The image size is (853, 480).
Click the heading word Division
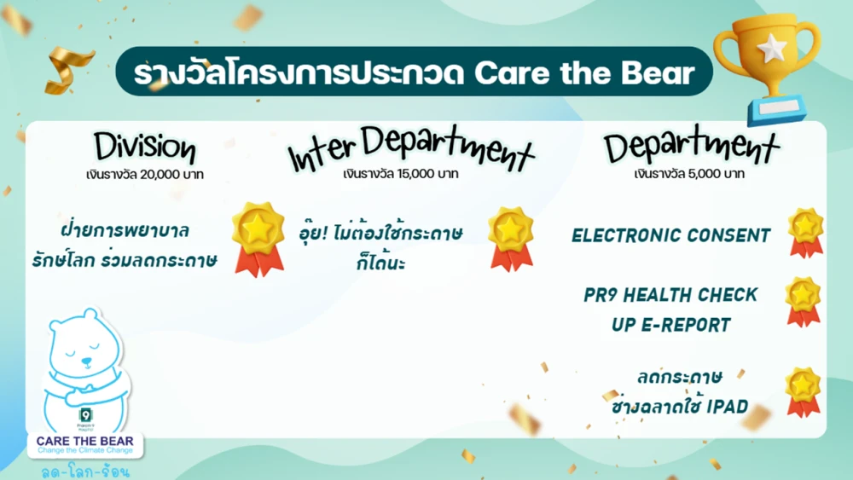pos(144,147)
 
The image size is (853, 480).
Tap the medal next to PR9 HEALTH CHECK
pos(803,300)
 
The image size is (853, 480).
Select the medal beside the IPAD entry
pos(803,391)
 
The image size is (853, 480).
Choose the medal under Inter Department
pos(510,238)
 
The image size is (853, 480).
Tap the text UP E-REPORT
pos(671,325)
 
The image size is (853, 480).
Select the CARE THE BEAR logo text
pos(85,440)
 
